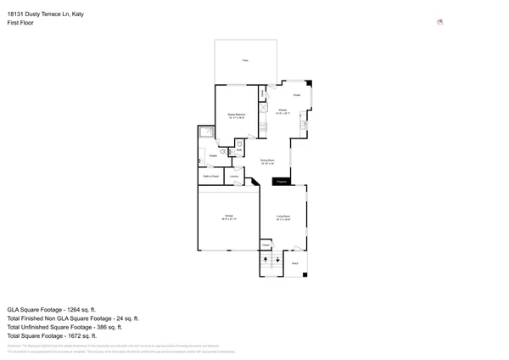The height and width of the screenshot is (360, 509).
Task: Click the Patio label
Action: click(x=245, y=60)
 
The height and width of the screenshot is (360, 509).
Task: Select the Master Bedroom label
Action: click(x=236, y=115)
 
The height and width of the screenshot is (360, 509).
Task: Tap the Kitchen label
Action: click(x=282, y=111)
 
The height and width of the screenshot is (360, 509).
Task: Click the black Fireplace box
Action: click(x=281, y=182)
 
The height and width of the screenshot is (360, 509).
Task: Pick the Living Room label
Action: click(x=282, y=218)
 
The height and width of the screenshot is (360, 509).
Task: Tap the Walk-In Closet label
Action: click(x=210, y=177)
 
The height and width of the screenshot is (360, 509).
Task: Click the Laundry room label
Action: click(x=233, y=177)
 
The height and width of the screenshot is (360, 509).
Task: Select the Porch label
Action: click(x=295, y=264)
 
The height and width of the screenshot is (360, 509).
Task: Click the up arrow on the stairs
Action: click(x=266, y=259)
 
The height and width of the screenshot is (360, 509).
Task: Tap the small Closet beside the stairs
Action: click(x=266, y=245)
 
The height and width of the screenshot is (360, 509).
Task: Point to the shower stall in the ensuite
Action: click(x=207, y=132)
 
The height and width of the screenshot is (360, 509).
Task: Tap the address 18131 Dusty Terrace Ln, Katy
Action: click(x=45, y=14)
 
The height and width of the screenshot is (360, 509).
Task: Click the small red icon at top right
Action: click(x=439, y=22)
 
